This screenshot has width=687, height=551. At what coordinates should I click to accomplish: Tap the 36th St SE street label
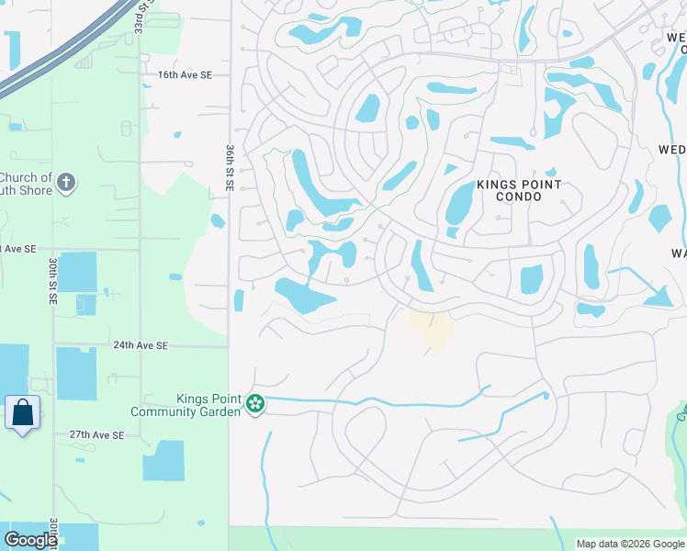[231, 167]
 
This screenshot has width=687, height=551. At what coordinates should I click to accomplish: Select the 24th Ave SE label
[141, 345]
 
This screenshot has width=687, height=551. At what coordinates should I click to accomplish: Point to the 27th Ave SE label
[96, 434]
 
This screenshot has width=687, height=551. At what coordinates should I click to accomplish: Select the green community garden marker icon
[255, 403]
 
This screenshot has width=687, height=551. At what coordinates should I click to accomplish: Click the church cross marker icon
[64, 183]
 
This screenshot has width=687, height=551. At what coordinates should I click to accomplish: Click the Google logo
[30, 540]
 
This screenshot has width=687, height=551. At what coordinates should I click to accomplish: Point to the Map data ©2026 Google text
[629, 544]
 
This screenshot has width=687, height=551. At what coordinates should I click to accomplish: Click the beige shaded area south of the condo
[432, 328]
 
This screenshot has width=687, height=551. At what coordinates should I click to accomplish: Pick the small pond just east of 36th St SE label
[218, 220]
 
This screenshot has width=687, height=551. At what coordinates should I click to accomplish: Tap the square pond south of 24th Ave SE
[75, 373]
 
